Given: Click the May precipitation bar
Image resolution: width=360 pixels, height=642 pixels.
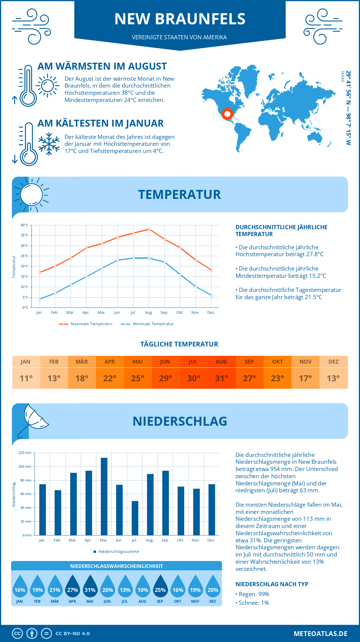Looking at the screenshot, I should (104, 496).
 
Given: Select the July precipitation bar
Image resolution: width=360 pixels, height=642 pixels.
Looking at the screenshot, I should (135, 518).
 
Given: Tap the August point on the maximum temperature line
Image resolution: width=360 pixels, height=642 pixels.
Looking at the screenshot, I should (149, 229).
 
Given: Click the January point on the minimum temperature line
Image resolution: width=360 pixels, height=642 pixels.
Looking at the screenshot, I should (40, 299).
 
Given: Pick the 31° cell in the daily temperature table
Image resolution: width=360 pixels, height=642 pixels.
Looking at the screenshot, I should (221, 378).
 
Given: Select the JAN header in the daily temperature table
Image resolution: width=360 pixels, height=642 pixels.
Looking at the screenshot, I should (25, 362).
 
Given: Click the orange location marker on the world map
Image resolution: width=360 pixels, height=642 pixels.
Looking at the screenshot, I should (227, 114).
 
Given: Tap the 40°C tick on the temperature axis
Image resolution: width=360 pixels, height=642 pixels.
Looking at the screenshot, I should (25, 225).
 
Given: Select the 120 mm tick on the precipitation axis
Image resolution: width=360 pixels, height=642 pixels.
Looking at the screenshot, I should (25, 453).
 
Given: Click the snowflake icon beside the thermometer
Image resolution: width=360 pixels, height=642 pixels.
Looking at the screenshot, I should (49, 144).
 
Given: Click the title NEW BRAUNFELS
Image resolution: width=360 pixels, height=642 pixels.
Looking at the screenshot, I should (180, 19).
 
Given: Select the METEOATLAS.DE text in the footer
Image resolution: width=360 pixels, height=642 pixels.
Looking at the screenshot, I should (320, 634).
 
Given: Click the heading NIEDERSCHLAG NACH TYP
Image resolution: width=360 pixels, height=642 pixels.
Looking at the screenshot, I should (272, 584).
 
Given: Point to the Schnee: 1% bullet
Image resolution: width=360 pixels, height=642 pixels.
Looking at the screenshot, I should (253, 603).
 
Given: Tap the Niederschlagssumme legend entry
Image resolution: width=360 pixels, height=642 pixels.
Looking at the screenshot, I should (118, 552).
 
